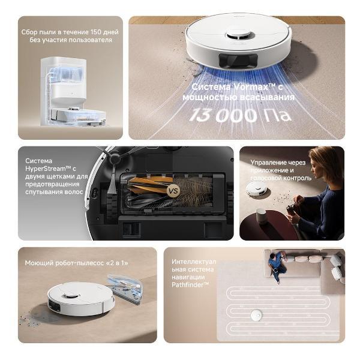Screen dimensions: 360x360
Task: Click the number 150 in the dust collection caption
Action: pos(97,32)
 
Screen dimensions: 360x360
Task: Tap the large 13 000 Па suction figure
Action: pos(240,115)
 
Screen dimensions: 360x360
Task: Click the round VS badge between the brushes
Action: pos(173,191)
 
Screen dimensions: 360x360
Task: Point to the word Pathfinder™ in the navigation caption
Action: pos(190,285)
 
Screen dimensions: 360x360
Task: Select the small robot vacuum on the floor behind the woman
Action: pos(256,189)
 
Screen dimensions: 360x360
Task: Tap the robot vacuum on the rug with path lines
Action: pos(256,315)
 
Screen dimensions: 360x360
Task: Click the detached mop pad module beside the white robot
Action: pos(125,289)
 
